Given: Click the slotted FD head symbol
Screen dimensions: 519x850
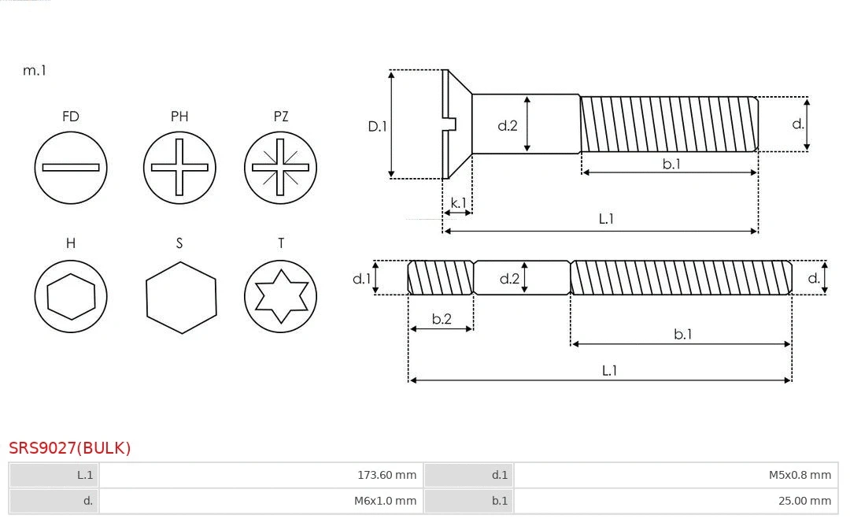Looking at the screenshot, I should click(x=71, y=167).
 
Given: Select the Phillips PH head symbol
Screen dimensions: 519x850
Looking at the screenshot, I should click(x=179, y=167).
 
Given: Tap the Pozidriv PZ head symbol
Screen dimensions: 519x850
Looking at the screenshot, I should click(x=280, y=167).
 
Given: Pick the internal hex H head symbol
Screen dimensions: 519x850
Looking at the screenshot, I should click(x=71, y=297).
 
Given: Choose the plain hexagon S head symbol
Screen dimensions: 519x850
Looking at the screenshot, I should click(x=181, y=297).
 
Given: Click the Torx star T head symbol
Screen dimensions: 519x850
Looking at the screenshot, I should click(x=280, y=297).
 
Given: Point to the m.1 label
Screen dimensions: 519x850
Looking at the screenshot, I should click(x=35, y=71).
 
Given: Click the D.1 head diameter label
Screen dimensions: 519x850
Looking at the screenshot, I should click(x=378, y=126).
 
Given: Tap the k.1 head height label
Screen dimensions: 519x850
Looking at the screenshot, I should click(x=458, y=203).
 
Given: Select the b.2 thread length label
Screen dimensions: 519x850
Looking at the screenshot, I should click(x=442, y=319).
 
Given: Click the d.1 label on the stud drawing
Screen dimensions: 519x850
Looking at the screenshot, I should click(x=361, y=278).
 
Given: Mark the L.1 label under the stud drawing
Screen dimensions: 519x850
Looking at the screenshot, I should click(x=609, y=370).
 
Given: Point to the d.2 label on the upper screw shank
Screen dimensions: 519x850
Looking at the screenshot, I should click(x=508, y=125).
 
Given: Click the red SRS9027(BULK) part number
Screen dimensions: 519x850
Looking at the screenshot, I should click(x=70, y=448).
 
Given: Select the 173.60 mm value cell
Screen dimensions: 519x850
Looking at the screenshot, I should click(x=261, y=475).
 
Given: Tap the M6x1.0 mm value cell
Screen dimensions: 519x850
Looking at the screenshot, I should click(x=261, y=501).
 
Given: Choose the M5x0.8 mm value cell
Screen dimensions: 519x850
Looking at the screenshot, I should click(x=674, y=475).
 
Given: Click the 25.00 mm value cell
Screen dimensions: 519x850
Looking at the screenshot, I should click(x=674, y=501).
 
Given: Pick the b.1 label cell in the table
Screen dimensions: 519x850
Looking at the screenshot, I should click(x=468, y=501).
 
